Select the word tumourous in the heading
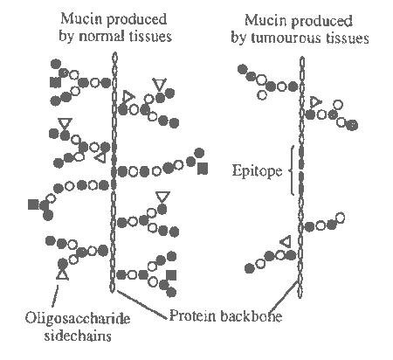pyautogui.click(x=286, y=38)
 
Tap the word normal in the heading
pyautogui.click(x=101, y=36)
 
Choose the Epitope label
pyautogui.click(x=257, y=170)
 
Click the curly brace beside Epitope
pyautogui.click(x=292, y=170)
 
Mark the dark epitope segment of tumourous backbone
pyautogui.click(x=301, y=170)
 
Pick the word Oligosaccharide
pyautogui.click(x=78, y=319)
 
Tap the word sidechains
pyautogui.click(x=78, y=336)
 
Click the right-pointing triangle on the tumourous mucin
pyautogui.click(x=315, y=102)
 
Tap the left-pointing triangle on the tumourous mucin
pyautogui.click(x=286, y=242)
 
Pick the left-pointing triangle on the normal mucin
pyautogui.click(x=100, y=157)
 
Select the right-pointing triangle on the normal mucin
pyautogui.click(x=128, y=97)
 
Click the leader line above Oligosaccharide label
pyautogui.click(x=55, y=296)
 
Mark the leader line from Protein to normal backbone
pyautogui.click(x=142, y=304)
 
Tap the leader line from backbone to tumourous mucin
pyautogui.click(x=284, y=295)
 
